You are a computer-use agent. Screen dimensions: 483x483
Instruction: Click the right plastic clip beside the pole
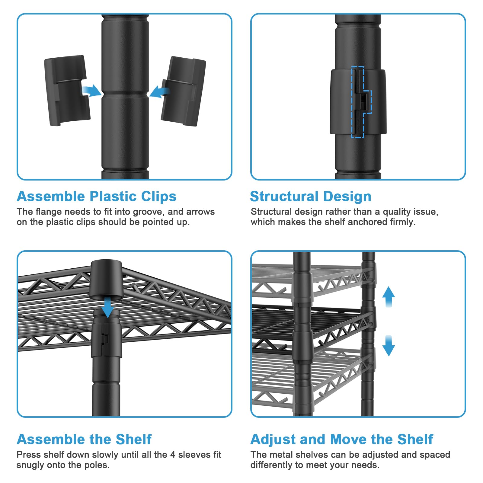[x=184, y=91]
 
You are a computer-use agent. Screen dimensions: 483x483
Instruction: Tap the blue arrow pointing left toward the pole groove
[x=159, y=91]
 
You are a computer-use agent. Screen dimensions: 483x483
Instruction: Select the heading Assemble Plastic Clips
[x=97, y=197]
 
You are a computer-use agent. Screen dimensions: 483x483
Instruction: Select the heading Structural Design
[x=311, y=197]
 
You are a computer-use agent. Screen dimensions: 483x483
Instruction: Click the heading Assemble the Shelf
[x=84, y=439]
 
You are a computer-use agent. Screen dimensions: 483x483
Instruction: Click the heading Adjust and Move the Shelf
[x=342, y=439]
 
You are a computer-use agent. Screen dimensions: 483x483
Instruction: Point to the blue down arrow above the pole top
[x=107, y=307]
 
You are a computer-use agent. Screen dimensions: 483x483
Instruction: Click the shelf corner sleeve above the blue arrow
[x=106, y=280]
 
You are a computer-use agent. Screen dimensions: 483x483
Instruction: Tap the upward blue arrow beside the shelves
[x=389, y=296]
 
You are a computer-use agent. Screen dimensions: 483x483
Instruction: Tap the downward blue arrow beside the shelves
[x=389, y=346]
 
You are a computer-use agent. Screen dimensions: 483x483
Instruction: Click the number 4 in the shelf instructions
[x=173, y=455]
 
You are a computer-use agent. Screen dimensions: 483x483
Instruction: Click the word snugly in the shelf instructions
[x=30, y=465]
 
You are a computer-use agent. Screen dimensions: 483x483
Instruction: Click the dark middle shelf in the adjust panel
[x=332, y=323]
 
